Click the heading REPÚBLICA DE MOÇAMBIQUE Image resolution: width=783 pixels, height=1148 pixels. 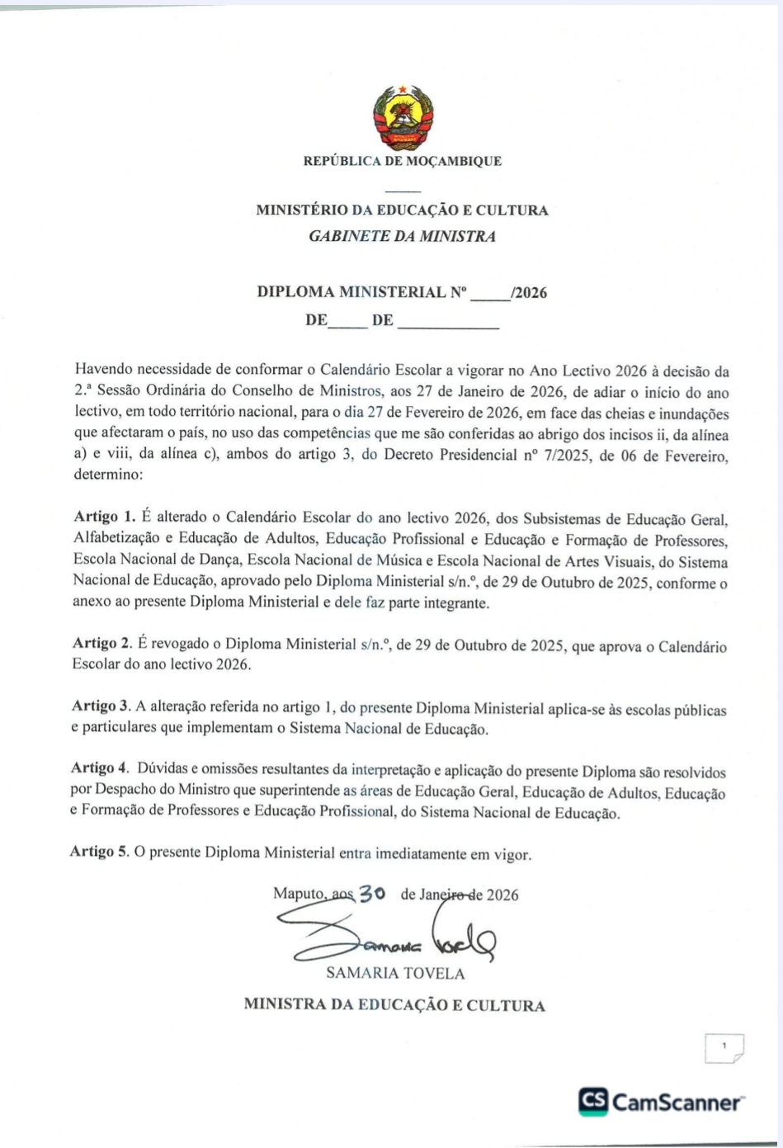[x=403, y=162]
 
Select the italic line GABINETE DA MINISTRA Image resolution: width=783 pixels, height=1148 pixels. [x=402, y=237]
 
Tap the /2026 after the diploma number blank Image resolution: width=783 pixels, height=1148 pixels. [x=528, y=293]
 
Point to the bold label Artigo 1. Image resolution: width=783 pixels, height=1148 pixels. [x=104, y=517]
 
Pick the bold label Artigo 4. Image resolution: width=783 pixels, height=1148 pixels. [x=101, y=769]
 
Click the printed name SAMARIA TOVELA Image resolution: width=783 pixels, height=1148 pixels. [x=395, y=973]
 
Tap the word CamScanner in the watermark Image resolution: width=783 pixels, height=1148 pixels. [x=675, y=1103]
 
